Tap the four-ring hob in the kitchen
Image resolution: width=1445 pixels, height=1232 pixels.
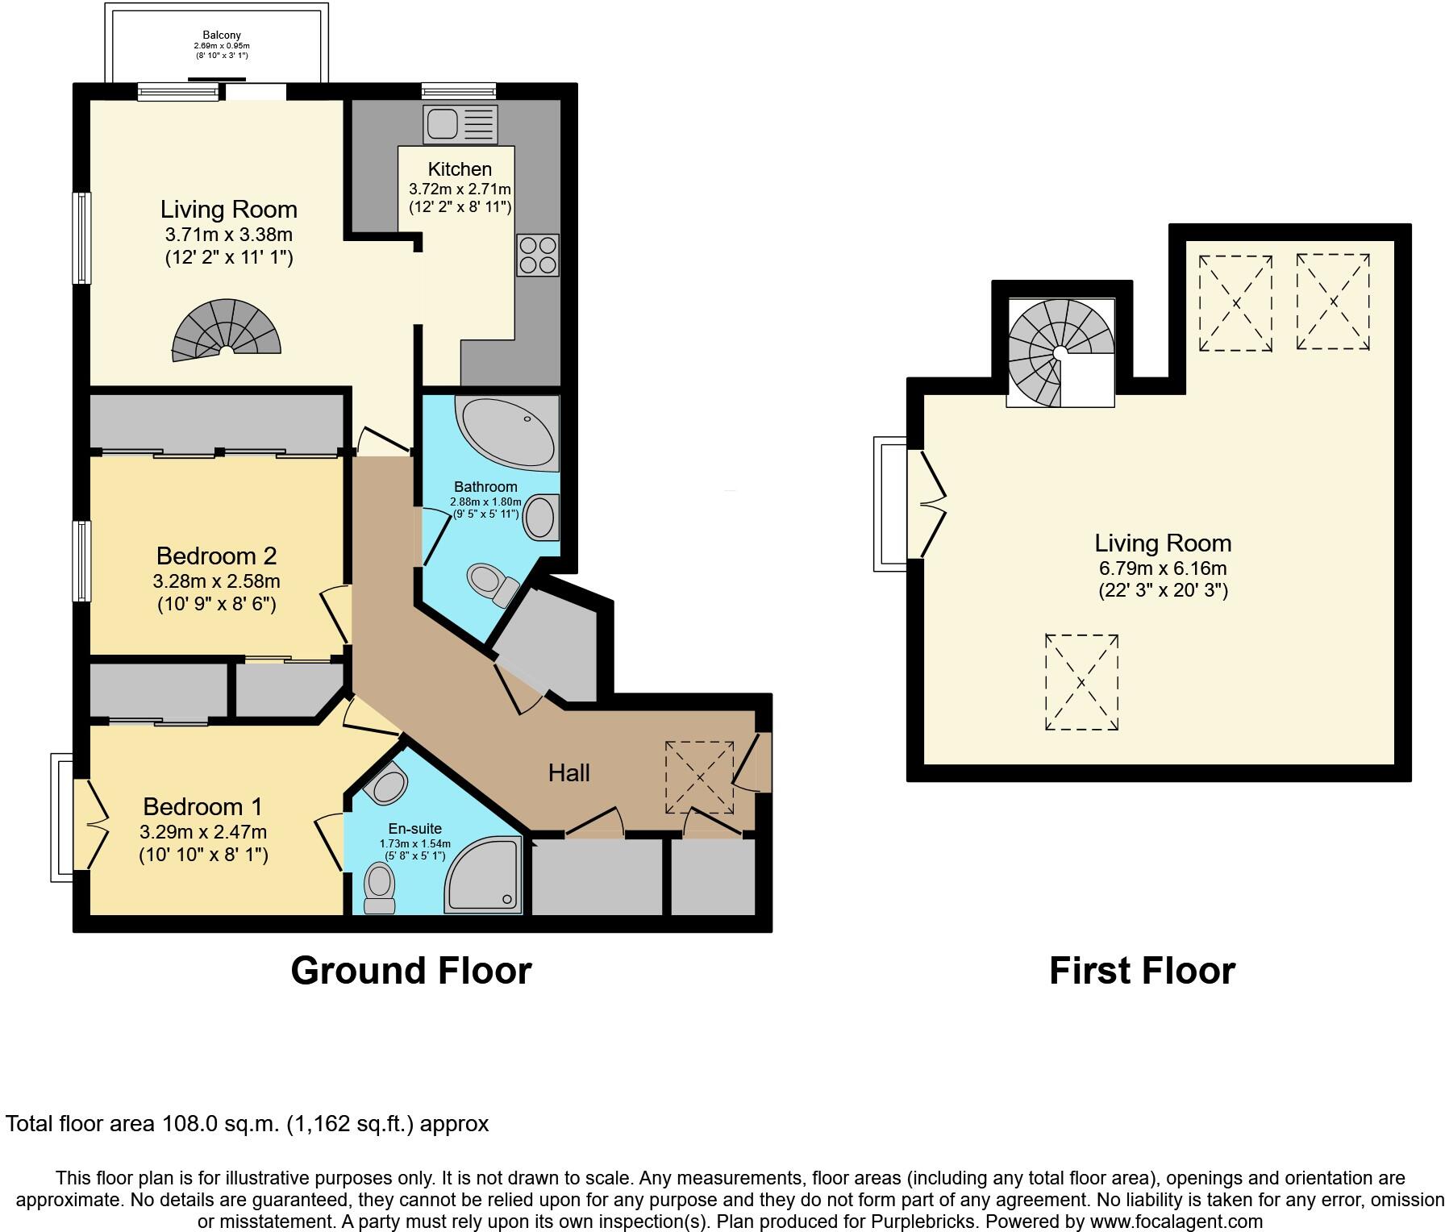click(538, 255)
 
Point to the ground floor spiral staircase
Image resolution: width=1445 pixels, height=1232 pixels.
click(227, 330)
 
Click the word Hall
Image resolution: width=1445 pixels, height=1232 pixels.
click(568, 773)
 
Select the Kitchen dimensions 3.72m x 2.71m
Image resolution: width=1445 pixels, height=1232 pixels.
click(460, 189)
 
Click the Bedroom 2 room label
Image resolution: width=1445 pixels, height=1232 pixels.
click(216, 556)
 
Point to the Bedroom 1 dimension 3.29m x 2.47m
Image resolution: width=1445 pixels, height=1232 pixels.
click(203, 831)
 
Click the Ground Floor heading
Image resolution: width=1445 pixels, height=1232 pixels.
click(411, 971)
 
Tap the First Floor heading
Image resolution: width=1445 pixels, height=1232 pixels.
click(1142, 971)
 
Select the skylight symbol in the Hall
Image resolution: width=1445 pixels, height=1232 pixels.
click(699, 778)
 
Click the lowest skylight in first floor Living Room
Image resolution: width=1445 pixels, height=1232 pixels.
click(1081, 683)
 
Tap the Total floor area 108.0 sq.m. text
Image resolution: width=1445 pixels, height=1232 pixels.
click(247, 1124)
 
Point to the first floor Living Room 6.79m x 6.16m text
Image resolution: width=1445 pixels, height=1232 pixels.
click(1163, 568)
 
